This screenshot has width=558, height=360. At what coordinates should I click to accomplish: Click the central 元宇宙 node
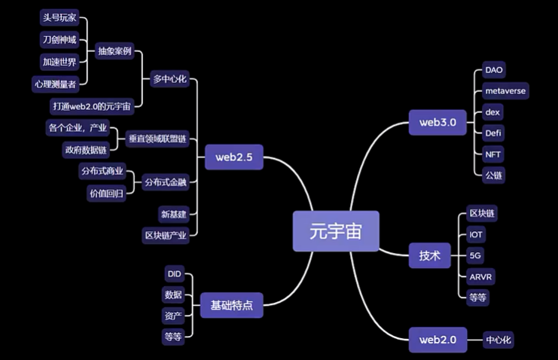click(x=336, y=230)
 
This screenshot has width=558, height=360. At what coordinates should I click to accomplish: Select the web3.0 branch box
click(x=438, y=121)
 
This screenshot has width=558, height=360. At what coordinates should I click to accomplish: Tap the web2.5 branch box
click(x=233, y=157)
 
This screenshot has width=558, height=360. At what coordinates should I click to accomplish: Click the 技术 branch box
click(x=429, y=255)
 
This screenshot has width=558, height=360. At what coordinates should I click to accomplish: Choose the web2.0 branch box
click(x=438, y=340)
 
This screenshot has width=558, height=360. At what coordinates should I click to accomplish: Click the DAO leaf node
click(x=493, y=70)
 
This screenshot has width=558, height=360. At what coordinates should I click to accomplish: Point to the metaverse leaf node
click(x=505, y=91)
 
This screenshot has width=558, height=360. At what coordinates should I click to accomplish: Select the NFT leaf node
click(x=493, y=154)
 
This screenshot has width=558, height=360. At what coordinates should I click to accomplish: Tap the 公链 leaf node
click(x=493, y=175)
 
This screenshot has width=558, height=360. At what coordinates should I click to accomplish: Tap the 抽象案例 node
click(x=114, y=51)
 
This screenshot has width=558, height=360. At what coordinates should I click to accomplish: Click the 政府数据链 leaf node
click(x=87, y=149)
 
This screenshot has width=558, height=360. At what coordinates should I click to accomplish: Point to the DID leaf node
click(x=173, y=273)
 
